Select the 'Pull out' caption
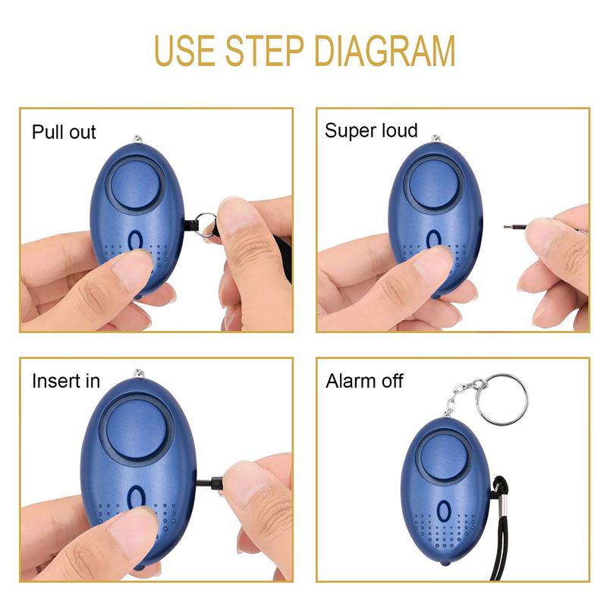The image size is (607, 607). pos(64,132)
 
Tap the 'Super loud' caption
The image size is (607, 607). pos(371,131)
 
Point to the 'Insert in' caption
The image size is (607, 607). pos(65,380)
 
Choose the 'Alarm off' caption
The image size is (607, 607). pos(364,380)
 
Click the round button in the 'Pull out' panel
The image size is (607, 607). pos(135,184)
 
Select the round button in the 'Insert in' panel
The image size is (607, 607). pos(137,432)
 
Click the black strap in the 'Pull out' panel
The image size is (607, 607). pos(285,258)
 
